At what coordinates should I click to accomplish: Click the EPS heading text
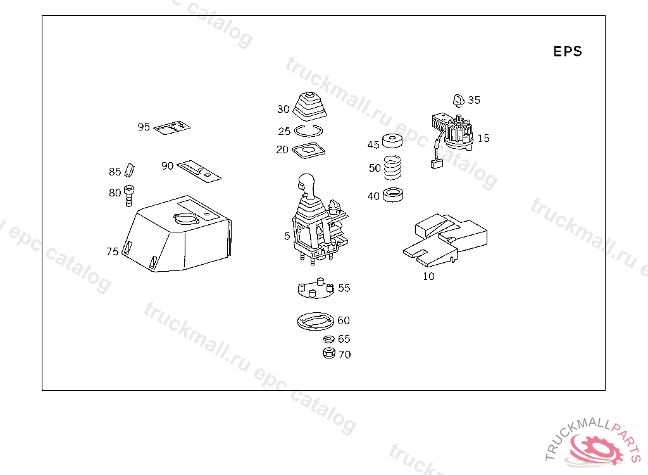(567, 52)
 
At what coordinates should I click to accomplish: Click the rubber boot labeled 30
(310, 108)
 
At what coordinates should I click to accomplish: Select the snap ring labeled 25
(309, 132)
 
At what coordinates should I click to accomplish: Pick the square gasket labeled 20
(308, 151)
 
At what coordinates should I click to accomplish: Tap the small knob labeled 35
(458, 99)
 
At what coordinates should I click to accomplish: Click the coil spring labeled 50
(393, 168)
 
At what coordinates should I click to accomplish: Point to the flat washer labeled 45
(393, 141)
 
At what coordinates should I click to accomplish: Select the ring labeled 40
(394, 196)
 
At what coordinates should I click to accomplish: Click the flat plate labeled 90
(199, 170)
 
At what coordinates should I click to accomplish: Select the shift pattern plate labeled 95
(171, 128)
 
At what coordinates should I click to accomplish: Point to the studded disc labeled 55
(315, 289)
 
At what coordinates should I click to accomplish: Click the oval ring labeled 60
(315, 321)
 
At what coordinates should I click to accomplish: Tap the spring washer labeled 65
(328, 339)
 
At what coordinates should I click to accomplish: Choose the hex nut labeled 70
(328, 353)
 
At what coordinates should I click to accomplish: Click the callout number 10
(428, 277)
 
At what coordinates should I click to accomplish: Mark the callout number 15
(483, 138)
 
